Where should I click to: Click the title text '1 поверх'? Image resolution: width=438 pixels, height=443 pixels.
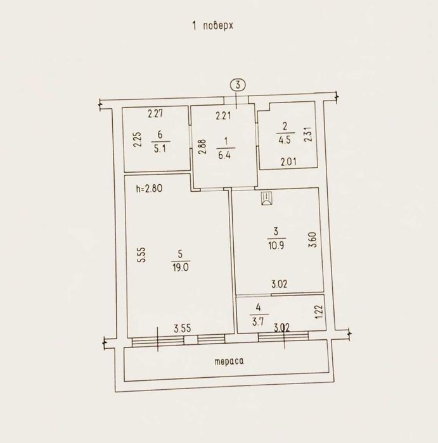pos(213,26)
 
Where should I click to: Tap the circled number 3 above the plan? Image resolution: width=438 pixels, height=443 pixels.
pos(238,85)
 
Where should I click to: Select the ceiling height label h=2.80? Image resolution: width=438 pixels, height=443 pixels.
pos(149,189)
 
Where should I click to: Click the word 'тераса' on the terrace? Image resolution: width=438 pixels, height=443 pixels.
pos(229,361)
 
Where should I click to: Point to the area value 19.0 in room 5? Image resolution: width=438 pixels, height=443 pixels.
pos(181,267)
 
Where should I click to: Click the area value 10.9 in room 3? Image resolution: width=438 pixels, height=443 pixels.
pos(276,245)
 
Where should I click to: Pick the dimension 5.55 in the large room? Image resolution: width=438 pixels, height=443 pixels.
pos(142,255)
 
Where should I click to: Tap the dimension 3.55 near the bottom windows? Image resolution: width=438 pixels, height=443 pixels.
pos(183,328)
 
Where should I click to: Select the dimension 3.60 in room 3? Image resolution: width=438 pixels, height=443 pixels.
pos(312,240)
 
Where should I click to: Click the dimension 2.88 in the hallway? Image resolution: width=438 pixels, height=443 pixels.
pos(202,146)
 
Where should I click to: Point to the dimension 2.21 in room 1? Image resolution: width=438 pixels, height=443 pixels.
pos(223,116)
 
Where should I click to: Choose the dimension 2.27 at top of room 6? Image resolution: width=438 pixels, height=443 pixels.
pos(155,114)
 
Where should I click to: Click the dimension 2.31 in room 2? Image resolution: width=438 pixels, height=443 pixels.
pos(309,134)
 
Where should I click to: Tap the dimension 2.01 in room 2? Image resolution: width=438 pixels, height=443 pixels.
pos(288,162)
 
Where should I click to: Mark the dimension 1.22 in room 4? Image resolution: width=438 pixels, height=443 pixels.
pos(319,311)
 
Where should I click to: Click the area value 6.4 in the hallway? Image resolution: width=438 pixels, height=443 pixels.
pos(224,156)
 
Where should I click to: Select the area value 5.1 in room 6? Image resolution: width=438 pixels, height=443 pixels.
pos(160,149)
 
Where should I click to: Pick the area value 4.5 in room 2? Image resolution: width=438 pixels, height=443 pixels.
pos(285,140)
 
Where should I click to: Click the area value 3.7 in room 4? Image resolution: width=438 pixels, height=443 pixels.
pos(258,321)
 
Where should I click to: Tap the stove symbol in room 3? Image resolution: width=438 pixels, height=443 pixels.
pos(266,197)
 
